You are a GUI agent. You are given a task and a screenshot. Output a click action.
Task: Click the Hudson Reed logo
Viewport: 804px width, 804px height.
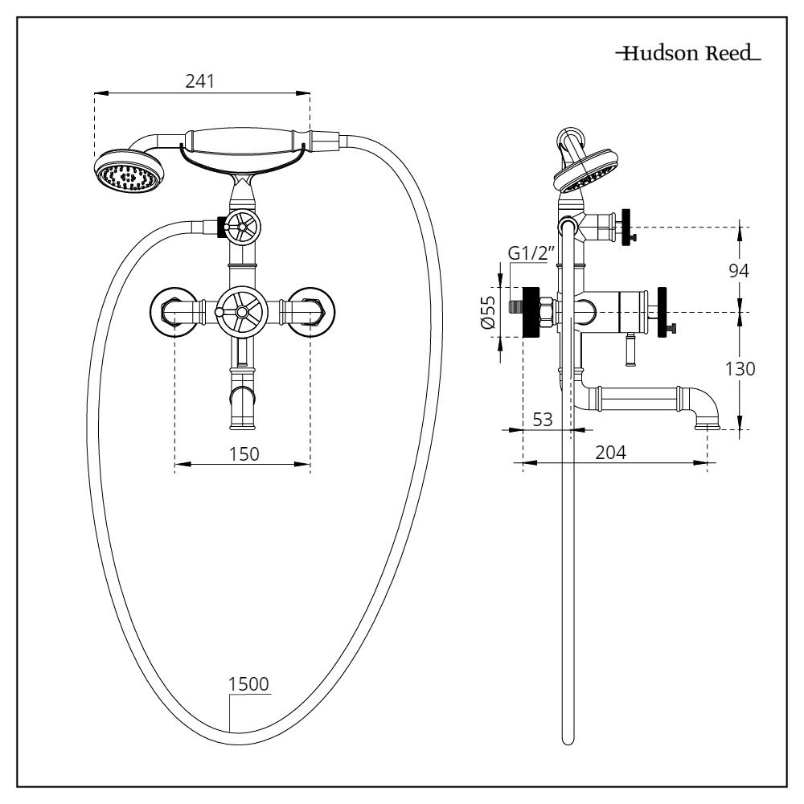click(x=687, y=55)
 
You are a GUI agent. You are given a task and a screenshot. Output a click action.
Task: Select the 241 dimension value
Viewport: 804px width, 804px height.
click(x=202, y=82)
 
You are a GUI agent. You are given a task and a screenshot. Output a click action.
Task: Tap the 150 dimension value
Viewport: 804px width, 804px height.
click(x=243, y=453)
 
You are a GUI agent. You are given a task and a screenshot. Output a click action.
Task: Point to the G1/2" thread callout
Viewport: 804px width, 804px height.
click(x=531, y=254)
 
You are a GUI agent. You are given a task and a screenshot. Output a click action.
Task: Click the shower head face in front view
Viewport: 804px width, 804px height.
click(x=129, y=172)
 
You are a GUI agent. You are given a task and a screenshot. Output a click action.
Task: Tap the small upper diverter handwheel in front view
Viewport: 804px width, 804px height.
click(x=241, y=228)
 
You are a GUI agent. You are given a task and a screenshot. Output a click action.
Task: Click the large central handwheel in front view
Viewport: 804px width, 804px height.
click(x=241, y=309)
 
